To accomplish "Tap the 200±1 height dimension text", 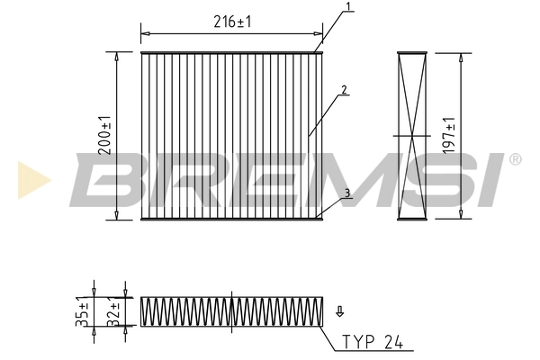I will [105, 135].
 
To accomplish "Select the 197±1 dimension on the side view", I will [451, 135].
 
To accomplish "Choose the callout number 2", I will [344, 90].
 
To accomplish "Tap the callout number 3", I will [347, 193].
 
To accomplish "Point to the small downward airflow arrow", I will [339, 312].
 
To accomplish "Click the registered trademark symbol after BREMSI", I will [515, 159].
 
